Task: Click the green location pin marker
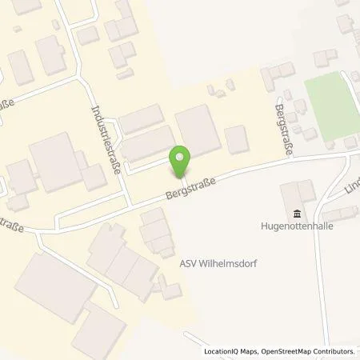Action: coord(182,161)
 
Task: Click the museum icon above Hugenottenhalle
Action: coord(298,213)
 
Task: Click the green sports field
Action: coord(331,103)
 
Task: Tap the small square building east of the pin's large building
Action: coord(237,140)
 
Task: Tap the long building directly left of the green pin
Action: coord(147,143)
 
